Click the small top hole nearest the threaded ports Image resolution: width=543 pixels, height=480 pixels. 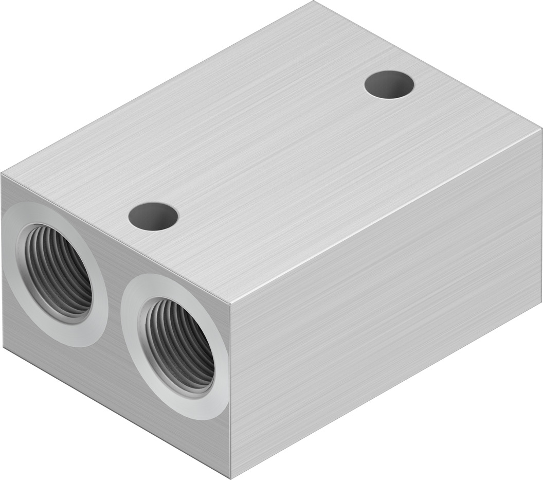[x=153, y=217]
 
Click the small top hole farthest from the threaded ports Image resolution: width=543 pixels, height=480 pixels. [x=389, y=84]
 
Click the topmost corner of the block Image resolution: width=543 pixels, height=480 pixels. [x=313, y=2]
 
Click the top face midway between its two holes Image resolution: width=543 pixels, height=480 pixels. [x=271, y=150]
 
